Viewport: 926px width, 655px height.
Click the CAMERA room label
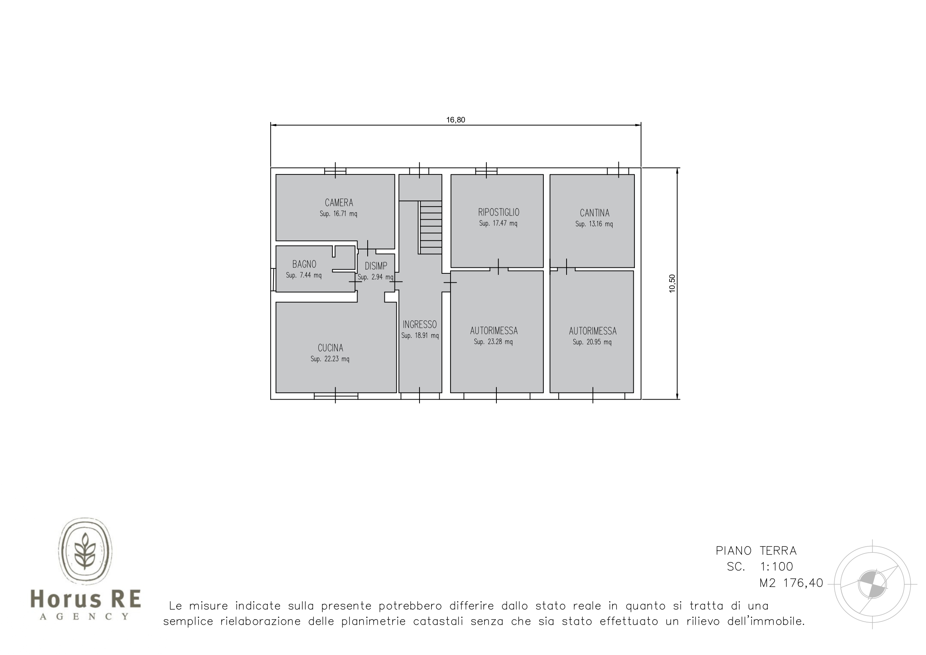[339, 203]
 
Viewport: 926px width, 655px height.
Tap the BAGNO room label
[304, 264]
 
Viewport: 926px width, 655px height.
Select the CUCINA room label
[330, 348]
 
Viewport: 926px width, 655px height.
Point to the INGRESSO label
[420, 325]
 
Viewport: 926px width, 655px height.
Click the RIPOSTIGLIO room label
[499, 212]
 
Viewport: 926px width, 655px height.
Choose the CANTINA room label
[595, 213]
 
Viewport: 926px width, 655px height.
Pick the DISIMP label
[376, 266]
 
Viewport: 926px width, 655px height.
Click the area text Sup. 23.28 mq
[493, 342]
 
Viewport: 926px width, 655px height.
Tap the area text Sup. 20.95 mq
[592, 342]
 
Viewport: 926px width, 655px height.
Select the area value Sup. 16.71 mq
[339, 214]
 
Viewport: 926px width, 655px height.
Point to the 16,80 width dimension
[455, 120]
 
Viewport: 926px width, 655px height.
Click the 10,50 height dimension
[672, 283]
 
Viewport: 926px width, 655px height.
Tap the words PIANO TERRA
[756, 551]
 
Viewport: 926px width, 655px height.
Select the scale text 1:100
[777, 566]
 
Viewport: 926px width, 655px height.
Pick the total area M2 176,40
[791, 583]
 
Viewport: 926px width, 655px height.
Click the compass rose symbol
[872, 584]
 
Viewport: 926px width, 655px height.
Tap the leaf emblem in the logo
[85, 551]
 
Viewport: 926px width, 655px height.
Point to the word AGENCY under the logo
[85, 617]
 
